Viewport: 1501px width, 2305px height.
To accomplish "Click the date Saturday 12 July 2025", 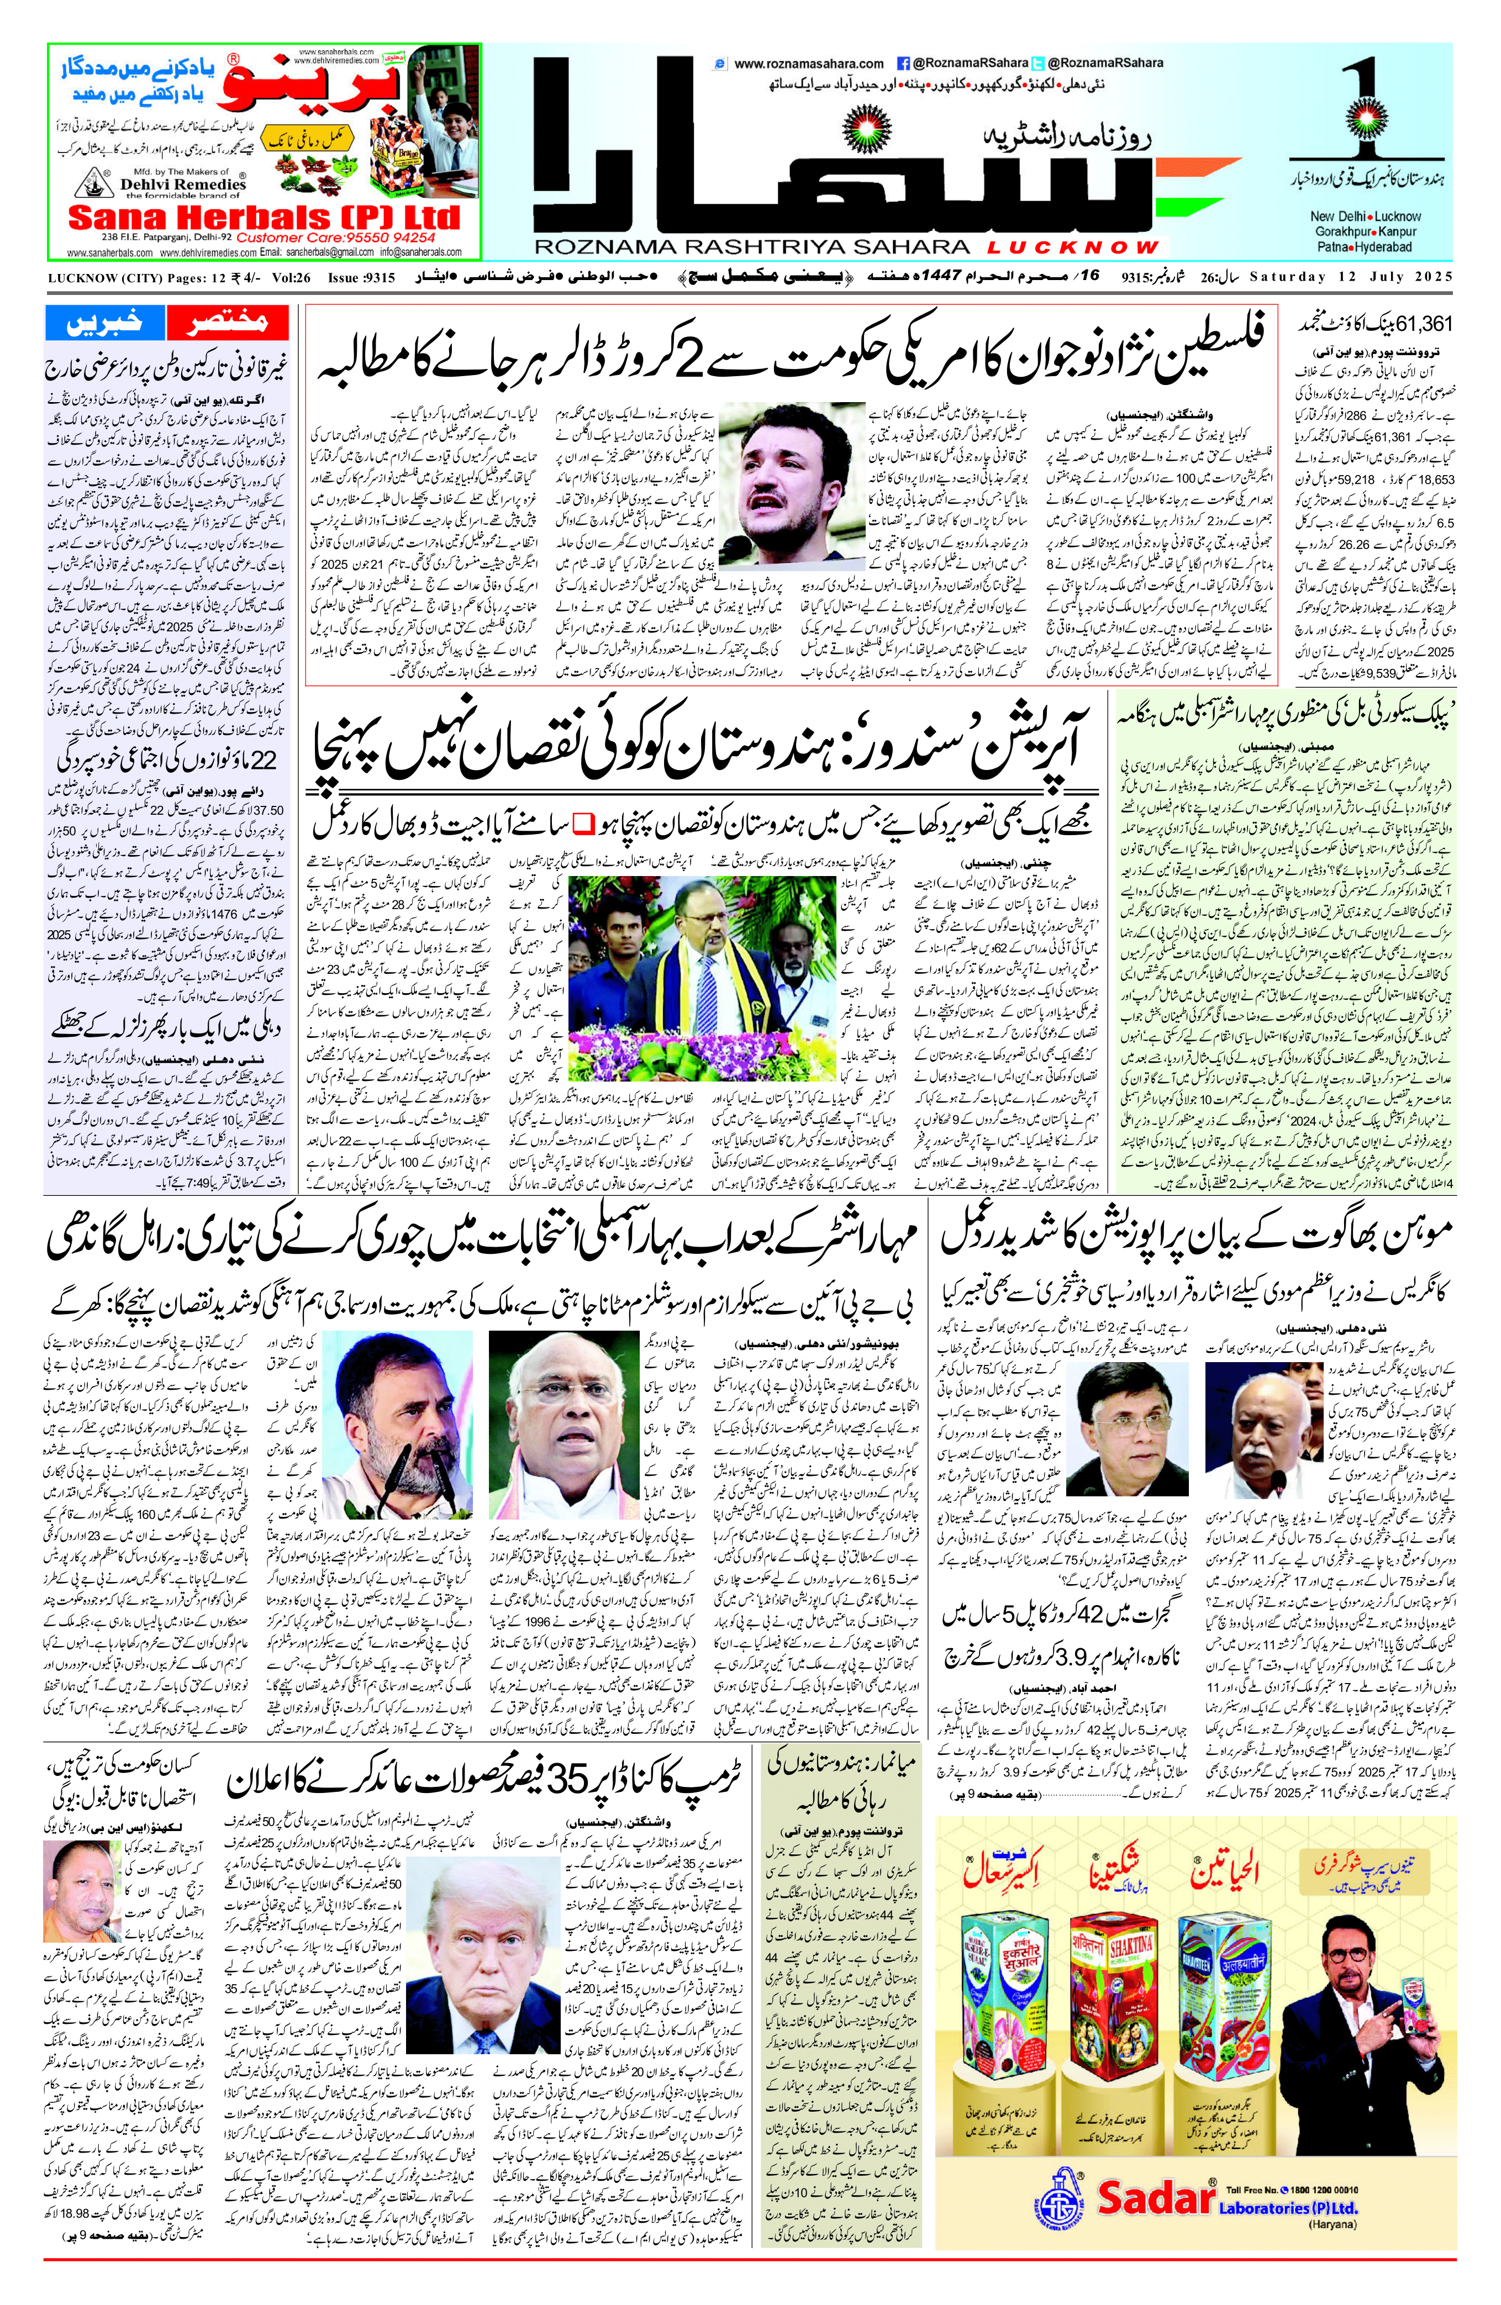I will click(1351, 277).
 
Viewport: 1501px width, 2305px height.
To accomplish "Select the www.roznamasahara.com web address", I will click(809, 64).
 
